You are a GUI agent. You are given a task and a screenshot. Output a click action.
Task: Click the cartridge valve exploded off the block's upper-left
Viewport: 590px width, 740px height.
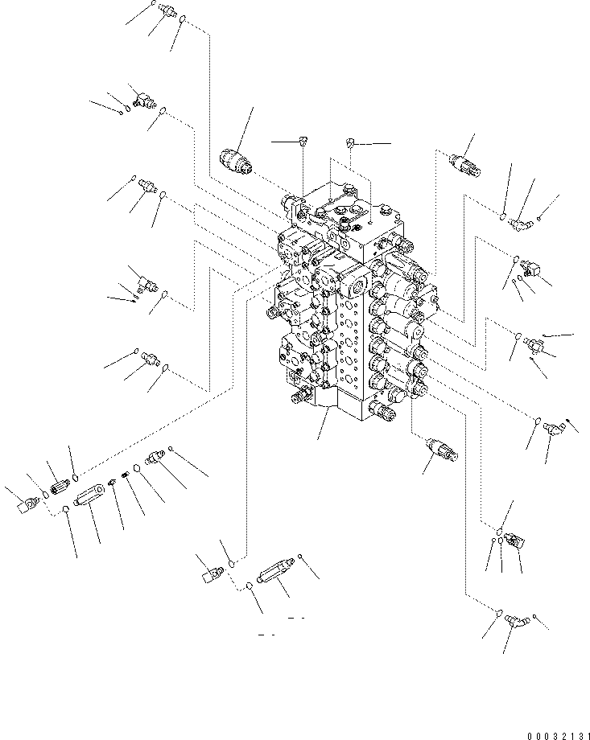point(237,161)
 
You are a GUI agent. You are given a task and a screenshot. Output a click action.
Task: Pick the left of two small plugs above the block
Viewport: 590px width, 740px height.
point(302,142)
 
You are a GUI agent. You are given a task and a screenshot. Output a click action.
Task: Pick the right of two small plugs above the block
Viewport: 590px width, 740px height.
point(352,143)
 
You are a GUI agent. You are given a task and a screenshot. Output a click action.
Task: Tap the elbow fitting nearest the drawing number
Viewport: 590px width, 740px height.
point(516,619)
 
